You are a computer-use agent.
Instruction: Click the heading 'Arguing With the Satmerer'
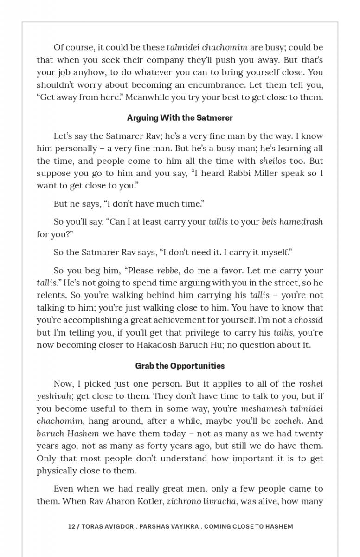click(x=180, y=118)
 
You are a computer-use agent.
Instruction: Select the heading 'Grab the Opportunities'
click(x=180, y=366)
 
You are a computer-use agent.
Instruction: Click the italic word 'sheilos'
click(x=273, y=161)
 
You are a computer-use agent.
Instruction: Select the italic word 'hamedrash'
click(x=301, y=221)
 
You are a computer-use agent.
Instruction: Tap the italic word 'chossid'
click(x=309, y=320)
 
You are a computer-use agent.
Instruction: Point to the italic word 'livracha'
click(x=219, y=501)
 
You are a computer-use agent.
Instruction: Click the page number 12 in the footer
click(x=71, y=526)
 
